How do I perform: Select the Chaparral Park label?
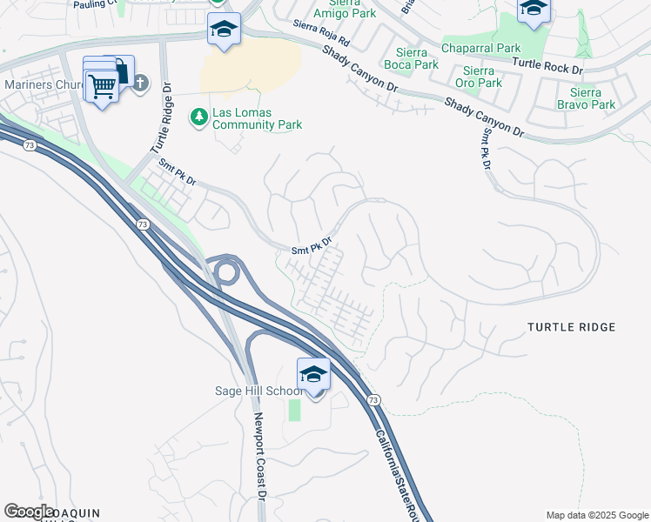[x=480, y=48]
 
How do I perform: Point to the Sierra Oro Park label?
[x=482, y=77]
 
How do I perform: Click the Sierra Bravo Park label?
[x=592, y=98]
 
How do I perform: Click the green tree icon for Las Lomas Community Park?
[x=199, y=115]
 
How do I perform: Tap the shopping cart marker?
[x=103, y=86]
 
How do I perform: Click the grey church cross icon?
[x=139, y=84]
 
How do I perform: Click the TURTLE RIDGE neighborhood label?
[x=572, y=327]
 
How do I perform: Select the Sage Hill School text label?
[x=258, y=391]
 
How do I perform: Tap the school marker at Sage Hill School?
[x=313, y=375]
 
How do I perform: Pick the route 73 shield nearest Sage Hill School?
[x=372, y=399]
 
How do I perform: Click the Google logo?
[x=30, y=512]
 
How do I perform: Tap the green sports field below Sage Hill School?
[x=294, y=409]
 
